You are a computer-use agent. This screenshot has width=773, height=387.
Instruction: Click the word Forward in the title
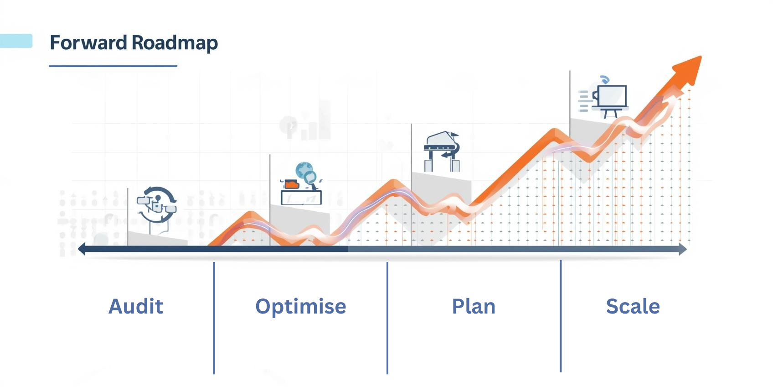(x=88, y=42)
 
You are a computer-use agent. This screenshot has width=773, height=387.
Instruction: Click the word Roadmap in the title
(x=175, y=43)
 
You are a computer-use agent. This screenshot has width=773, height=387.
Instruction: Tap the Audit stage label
(x=136, y=306)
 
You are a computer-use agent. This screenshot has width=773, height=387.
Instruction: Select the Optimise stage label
(x=300, y=307)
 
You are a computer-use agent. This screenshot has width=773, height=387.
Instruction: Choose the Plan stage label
(x=474, y=307)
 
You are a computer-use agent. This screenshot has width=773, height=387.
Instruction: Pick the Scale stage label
(x=633, y=306)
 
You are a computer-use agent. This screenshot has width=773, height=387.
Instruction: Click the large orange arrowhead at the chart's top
(x=690, y=70)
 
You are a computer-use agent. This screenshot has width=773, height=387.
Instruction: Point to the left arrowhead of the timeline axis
(x=82, y=249)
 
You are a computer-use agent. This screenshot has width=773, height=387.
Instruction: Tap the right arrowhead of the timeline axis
(x=683, y=249)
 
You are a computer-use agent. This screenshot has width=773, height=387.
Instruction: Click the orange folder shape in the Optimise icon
(x=292, y=184)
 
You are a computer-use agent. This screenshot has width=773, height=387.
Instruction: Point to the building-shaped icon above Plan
(x=442, y=152)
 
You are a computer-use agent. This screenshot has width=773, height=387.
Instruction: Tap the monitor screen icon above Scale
(x=612, y=96)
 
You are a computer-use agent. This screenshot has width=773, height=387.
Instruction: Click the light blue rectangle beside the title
(x=16, y=41)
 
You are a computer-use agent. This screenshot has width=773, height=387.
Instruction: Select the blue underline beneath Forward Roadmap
(x=113, y=66)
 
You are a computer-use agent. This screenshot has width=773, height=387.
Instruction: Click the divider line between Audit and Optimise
(x=214, y=318)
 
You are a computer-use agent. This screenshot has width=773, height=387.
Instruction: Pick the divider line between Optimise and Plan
(x=387, y=318)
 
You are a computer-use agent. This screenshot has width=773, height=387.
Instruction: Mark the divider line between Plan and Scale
(x=561, y=316)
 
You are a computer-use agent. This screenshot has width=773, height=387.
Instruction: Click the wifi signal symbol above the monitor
(x=605, y=79)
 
